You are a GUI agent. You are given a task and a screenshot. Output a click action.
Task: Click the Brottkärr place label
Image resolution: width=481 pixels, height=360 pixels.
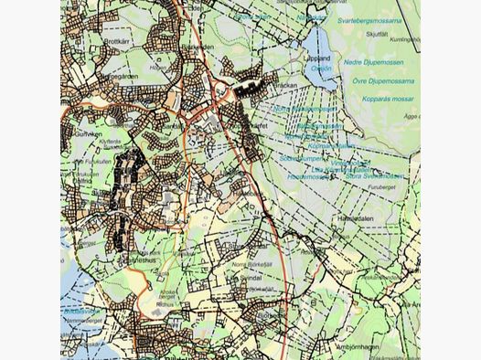click(x=119, y=41)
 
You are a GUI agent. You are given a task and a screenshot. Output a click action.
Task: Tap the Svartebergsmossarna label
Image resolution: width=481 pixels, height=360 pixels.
click(x=369, y=20)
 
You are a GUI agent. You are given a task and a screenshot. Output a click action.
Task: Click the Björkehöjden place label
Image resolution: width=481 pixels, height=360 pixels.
click(x=197, y=48)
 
